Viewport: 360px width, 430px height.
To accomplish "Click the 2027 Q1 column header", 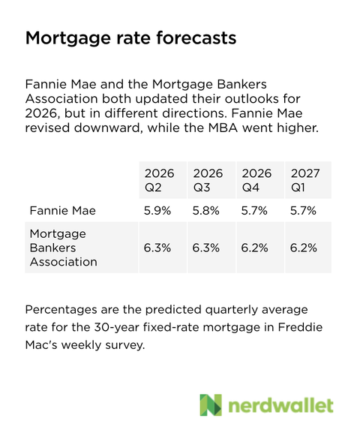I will [304, 180].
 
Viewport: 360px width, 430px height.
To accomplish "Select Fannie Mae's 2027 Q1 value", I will [304, 212].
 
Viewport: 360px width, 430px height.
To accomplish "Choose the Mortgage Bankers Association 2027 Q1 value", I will [304, 248].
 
